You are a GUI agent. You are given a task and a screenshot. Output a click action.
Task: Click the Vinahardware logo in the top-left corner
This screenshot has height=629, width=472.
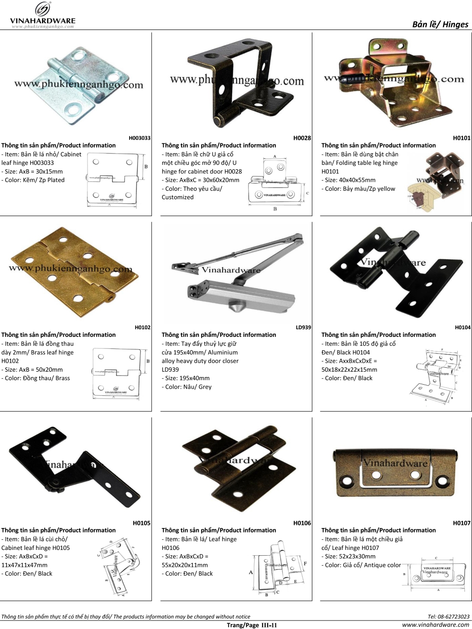42,15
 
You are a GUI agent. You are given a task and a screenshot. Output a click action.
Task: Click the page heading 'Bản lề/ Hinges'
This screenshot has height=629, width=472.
440,24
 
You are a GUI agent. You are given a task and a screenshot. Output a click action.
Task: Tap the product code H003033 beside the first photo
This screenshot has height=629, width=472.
139,138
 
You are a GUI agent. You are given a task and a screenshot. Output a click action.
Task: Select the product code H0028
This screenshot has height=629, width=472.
302,138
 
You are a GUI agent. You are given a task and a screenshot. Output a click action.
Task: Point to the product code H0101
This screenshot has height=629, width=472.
461,138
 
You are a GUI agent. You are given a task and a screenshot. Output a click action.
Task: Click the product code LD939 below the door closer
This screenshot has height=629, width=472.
303,327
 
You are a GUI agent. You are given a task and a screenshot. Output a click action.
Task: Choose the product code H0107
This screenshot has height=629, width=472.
461,523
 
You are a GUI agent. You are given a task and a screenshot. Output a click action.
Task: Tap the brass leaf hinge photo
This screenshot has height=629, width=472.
72,270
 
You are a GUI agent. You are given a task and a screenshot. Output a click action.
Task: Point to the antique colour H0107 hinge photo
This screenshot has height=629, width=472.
396,474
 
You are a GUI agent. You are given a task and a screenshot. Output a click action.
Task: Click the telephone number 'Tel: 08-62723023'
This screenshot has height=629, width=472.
448,616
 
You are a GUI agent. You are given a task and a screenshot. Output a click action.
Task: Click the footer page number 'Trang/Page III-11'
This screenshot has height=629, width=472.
252,625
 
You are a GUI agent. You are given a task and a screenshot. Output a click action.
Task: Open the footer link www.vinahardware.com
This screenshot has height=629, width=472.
435,625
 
